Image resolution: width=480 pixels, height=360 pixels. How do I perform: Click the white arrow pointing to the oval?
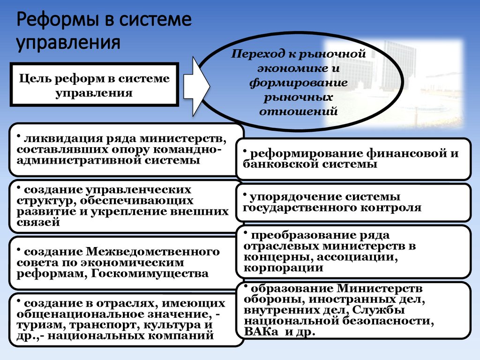click(196, 85)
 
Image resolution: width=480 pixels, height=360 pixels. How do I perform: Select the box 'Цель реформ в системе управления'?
click(94, 84)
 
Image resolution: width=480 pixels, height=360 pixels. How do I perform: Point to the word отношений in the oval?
click(298, 112)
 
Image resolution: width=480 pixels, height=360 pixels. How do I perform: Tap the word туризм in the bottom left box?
click(36, 324)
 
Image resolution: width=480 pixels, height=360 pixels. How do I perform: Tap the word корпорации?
click(283, 268)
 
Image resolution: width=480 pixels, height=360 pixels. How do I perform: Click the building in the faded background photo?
click(398, 66)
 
